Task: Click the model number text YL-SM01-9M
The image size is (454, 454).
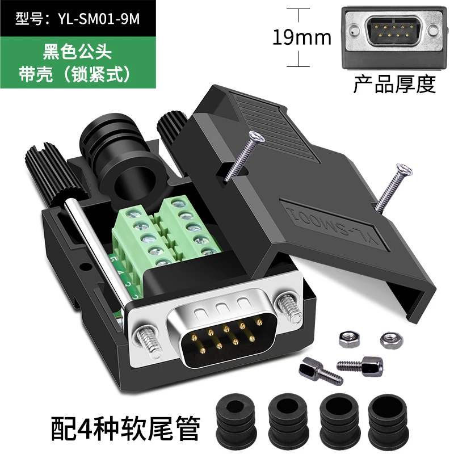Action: click(99, 19)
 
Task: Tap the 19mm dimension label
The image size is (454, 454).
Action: click(302, 37)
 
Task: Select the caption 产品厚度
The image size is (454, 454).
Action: click(394, 84)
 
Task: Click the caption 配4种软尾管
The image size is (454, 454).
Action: click(125, 428)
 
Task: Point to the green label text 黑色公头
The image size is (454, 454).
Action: click(77, 52)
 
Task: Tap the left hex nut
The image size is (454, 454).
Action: click(349, 339)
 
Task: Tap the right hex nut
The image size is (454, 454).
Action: click(392, 340)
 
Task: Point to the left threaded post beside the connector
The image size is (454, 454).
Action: click(149, 342)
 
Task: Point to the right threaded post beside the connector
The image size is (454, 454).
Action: click(289, 309)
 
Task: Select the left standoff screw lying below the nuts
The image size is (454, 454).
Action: click(321, 371)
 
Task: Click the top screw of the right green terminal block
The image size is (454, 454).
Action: click(176, 204)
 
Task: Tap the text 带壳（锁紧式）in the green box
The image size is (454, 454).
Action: click(75, 74)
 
